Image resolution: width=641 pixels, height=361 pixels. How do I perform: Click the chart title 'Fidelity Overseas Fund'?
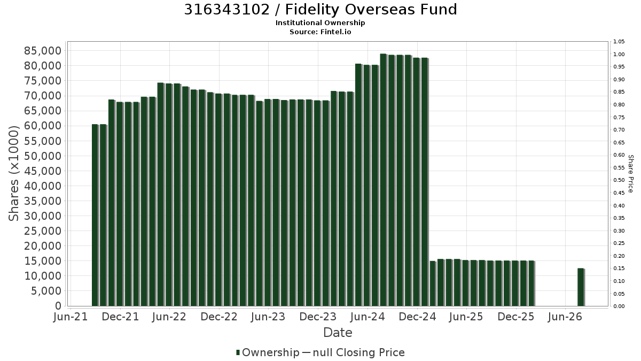(371, 10)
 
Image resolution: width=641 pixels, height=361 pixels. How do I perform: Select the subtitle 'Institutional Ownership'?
(320, 23)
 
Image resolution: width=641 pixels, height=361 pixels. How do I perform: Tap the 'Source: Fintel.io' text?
(320, 32)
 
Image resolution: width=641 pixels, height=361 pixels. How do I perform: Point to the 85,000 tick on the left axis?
(43, 51)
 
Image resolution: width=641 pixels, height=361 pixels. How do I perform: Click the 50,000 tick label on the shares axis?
(43, 156)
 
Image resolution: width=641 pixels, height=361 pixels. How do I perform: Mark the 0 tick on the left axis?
(58, 306)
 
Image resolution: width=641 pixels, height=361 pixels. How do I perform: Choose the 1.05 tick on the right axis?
(619, 42)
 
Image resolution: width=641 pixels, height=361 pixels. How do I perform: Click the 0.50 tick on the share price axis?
(619, 180)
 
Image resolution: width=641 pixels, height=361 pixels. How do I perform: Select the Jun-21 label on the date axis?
(71, 317)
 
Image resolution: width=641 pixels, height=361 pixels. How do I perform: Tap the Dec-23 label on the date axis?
(318, 317)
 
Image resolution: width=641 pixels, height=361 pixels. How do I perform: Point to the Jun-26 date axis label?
(565, 317)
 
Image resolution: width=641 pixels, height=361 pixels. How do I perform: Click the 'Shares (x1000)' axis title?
(14, 173)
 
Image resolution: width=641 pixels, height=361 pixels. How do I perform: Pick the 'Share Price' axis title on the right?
(630, 174)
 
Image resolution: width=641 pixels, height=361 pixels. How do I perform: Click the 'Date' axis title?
(338, 333)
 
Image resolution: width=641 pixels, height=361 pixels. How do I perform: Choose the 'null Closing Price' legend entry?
(358, 352)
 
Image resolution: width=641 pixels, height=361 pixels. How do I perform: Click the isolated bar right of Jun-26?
(581, 287)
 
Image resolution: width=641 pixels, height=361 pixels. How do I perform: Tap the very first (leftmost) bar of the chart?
(95, 215)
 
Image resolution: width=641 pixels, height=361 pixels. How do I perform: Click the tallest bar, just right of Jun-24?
(384, 180)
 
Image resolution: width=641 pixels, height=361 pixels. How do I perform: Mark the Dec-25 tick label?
(515, 317)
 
